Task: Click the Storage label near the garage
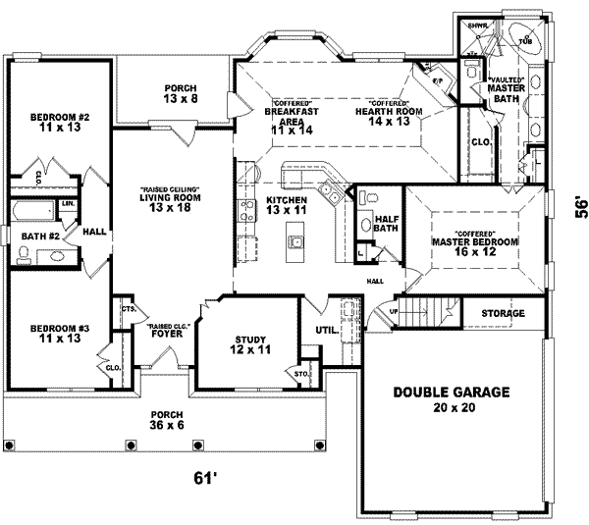pos(504,313)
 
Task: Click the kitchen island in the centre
pos(294,239)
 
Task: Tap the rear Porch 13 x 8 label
pos(182,93)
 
